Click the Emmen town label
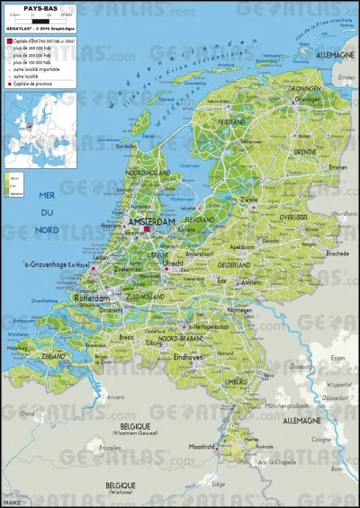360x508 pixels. pos(312,167)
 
